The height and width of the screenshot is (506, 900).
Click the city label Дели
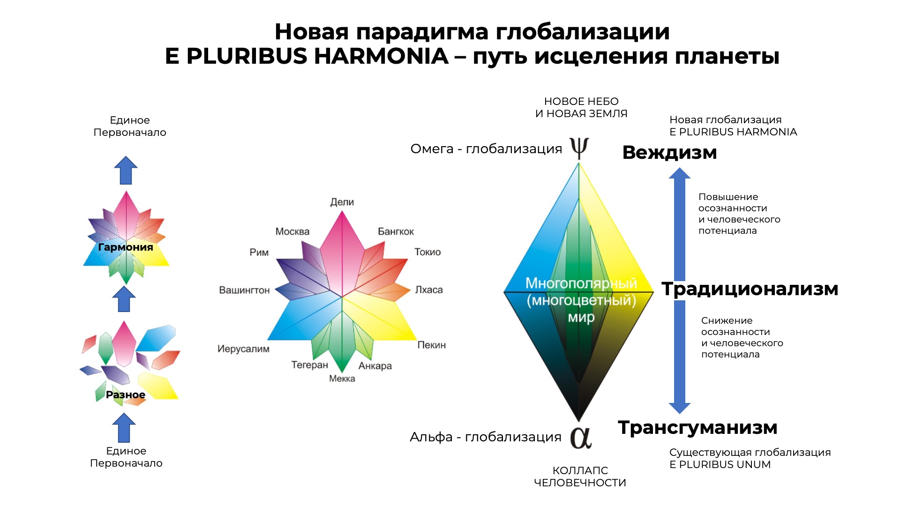[342, 202]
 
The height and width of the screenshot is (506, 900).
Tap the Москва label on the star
[292, 231]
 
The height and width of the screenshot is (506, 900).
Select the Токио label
[427, 252]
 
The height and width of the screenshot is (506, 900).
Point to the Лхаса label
[429, 290]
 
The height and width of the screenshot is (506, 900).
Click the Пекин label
[431, 345]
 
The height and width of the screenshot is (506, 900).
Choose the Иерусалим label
[243, 349]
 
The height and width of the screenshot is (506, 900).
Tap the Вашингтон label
[244, 290]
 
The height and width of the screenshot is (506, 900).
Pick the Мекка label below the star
[342, 379]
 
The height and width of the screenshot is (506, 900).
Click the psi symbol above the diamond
[579, 148]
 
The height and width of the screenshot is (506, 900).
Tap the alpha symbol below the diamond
[581, 438]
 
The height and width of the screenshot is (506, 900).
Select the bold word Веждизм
[669, 153]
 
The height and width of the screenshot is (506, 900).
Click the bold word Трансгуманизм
[697, 427]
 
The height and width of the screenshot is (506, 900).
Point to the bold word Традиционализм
[750, 289]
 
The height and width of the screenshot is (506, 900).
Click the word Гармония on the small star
[126, 247]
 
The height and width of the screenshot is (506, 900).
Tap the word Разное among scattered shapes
[126, 395]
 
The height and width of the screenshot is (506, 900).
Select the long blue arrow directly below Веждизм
[680, 224]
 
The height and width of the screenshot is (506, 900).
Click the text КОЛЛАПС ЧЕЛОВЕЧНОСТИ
[580, 477]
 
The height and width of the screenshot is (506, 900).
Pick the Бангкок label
[396, 231]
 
